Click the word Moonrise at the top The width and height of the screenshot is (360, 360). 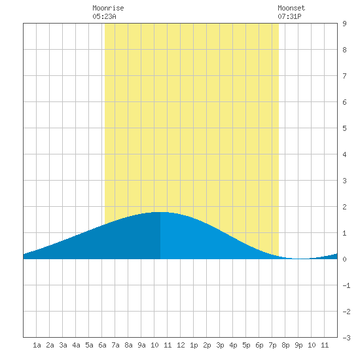coord(108,8)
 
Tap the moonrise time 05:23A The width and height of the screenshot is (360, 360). coord(105,16)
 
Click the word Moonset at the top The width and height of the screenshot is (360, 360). coord(291,8)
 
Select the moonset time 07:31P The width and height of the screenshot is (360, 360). coord(289,16)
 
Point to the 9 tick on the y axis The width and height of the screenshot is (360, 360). coord(344,24)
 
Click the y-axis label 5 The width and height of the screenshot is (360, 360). coord(344,128)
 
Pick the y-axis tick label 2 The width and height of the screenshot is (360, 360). coord(344,207)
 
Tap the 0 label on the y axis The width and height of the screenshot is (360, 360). coord(344,259)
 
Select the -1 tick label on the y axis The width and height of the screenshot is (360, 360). coord(346,285)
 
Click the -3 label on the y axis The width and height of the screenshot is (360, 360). coord(346,338)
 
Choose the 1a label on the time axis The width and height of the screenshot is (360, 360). coord(37,345)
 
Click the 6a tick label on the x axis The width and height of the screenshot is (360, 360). coord(102,345)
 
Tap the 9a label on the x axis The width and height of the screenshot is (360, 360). coord(141,345)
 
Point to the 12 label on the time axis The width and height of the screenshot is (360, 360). coord(181,345)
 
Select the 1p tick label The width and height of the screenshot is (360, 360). coord(194,345)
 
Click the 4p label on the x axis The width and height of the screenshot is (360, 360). coord(233,345)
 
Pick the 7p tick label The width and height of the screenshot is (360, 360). coord(272,345)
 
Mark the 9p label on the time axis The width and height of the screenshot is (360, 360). coord(298,345)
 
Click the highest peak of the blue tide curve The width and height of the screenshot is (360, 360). coord(160,212)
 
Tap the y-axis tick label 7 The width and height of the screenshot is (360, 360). coord(344,76)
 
